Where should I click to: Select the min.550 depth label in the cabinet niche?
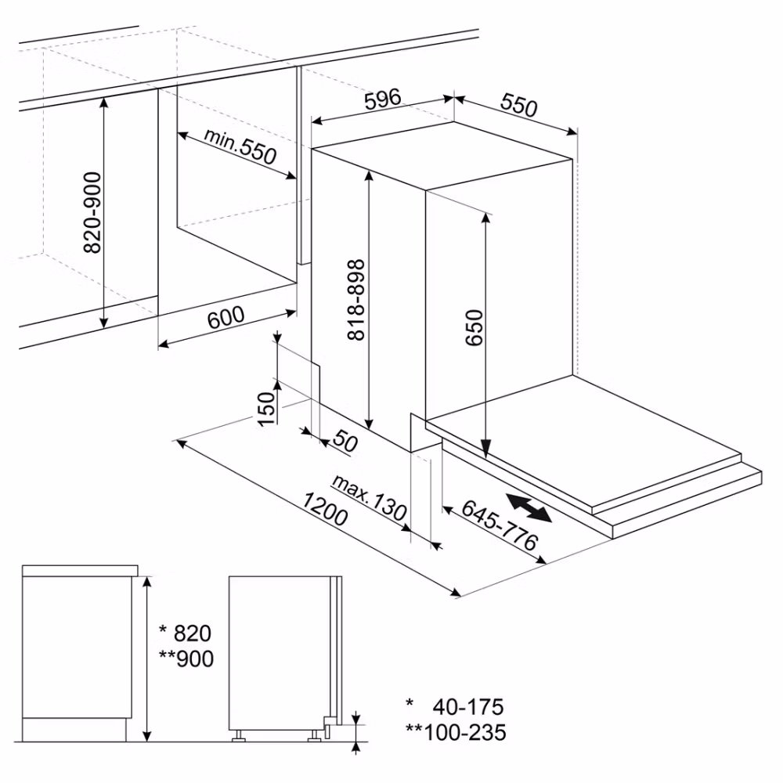click(240, 146)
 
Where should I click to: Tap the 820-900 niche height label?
click(92, 213)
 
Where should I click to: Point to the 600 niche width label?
click(226, 318)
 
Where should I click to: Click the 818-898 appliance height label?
click(356, 300)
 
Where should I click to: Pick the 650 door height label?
click(474, 327)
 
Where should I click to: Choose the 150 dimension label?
click(266, 409)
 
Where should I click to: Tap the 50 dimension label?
click(345, 441)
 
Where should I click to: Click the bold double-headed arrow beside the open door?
click(529, 507)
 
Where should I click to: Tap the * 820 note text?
click(186, 633)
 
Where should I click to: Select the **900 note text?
click(186, 659)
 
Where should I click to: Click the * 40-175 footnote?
click(455, 707)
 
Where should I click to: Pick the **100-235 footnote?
click(456, 733)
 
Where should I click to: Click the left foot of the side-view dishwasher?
click(238, 736)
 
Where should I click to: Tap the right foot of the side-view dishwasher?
click(315, 736)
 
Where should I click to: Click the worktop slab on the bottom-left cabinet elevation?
click(80, 571)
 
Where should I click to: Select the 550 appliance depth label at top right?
click(519, 106)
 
